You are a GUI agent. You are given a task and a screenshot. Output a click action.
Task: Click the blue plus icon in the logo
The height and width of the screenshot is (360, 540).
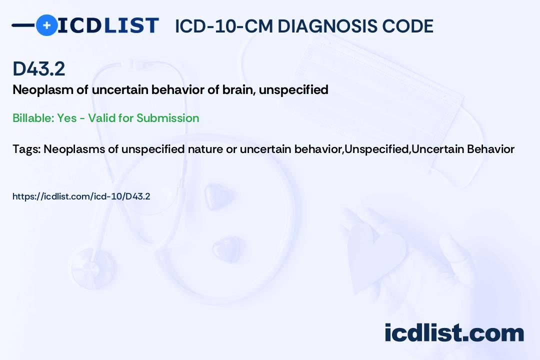pyautogui.click(x=46, y=25)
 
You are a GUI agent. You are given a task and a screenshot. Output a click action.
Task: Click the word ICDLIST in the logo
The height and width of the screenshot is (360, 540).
pyautogui.click(x=108, y=25)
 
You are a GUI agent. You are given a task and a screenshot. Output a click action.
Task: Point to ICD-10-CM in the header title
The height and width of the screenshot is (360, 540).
pyautogui.click(x=224, y=26)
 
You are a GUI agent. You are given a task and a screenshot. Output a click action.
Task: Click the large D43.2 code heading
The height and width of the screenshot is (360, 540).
pyautogui.click(x=38, y=68)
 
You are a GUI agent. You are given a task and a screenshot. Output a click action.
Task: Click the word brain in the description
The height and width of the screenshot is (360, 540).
pyautogui.click(x=238, y=89)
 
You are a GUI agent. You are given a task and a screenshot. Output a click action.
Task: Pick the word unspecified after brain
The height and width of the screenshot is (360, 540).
pyautogui.click(x=293, y=90)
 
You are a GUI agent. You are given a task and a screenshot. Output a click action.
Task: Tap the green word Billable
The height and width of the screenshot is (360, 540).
pyautogui.click(x=33, y=118)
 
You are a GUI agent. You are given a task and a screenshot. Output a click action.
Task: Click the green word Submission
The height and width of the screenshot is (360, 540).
pyautogui.click(x=167, y=118)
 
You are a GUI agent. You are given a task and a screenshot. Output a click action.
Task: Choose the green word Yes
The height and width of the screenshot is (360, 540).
pyautogui.click(x=67, y=118)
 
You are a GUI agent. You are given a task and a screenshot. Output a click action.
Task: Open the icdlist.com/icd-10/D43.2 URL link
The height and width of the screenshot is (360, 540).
pyautogui.click(x=81, y=196)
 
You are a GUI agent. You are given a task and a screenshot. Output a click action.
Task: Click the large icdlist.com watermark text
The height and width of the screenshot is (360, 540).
pyautogui.click(x=454, y=332)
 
